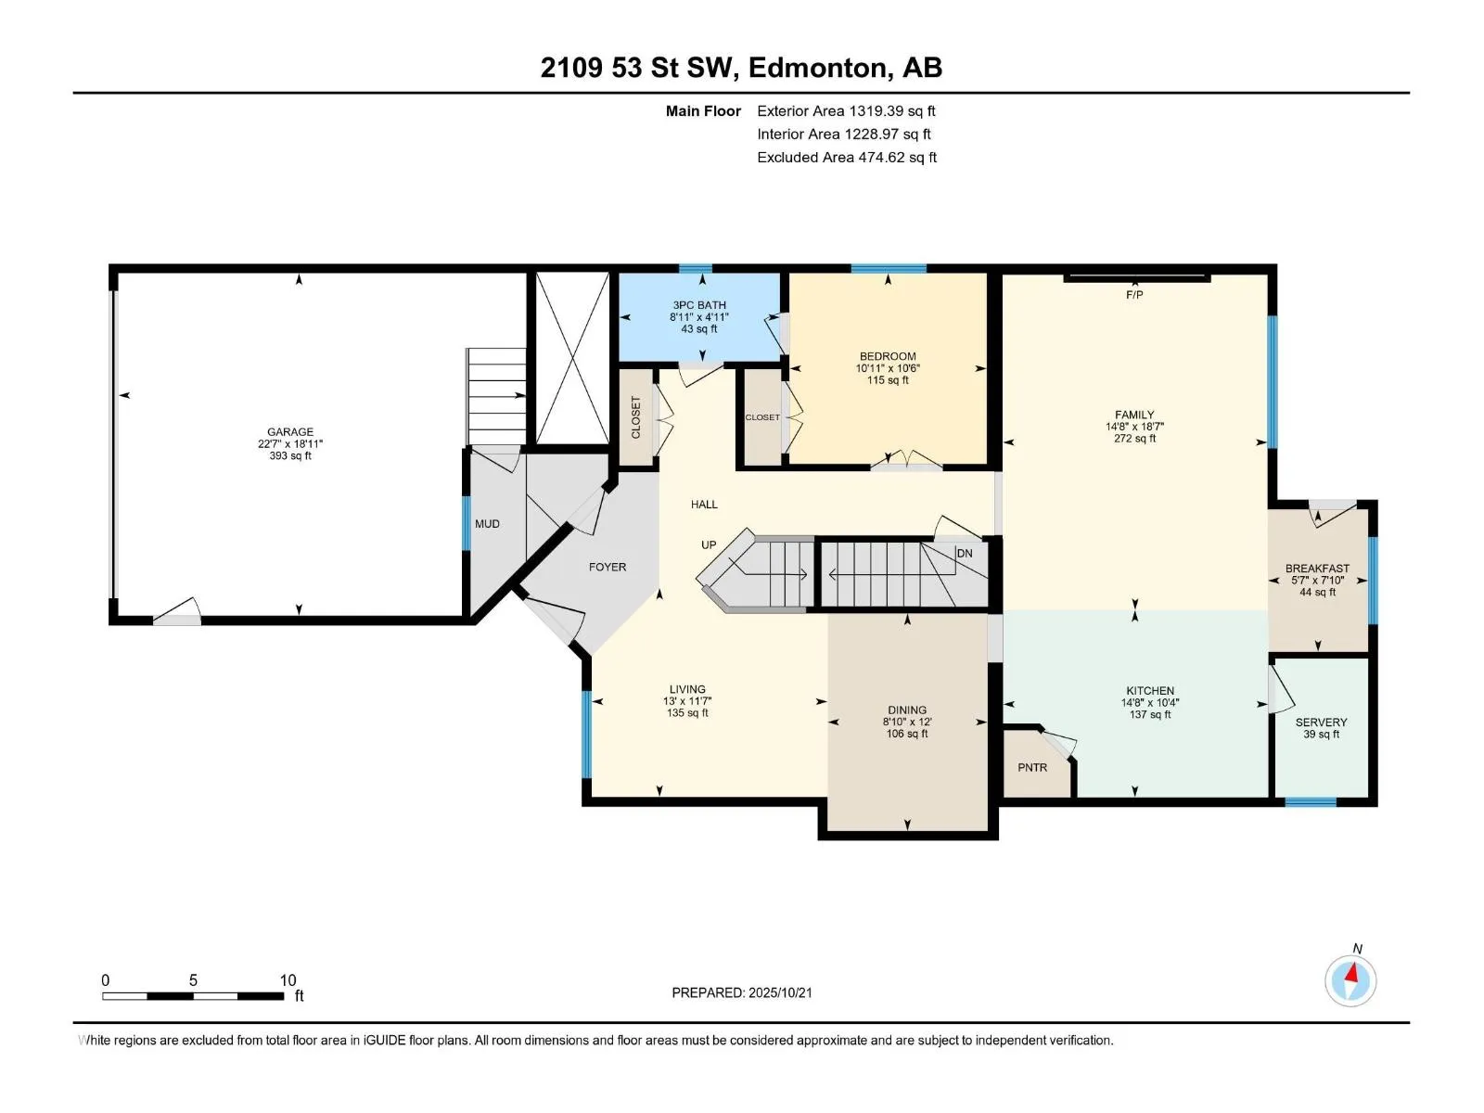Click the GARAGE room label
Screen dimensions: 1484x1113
(290, 432)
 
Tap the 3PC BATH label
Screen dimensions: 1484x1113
(699, 305)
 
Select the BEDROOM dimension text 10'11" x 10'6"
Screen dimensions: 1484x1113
(888, 368)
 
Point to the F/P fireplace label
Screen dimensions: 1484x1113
(1134, 295)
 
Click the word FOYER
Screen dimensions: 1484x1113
(608, 567)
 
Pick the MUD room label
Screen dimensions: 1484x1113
(487, 524)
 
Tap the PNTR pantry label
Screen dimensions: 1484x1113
(1032, 768)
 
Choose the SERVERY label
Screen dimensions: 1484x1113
(1321, 723)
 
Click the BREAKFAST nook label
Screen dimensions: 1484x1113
(1317, 569)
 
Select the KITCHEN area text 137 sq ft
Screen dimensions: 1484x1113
(1150, 715)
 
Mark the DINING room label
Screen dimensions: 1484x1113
(907, 710)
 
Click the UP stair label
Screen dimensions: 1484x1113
(709, 545)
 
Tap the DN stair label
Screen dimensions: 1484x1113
(965, 554)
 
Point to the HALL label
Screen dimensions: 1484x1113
(704, 505)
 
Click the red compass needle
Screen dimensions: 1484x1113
(1352, 973)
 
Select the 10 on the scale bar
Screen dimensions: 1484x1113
(288, 980)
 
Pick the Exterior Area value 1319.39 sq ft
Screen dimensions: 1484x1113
(892, 110)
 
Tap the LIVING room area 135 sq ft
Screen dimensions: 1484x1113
(687, 713)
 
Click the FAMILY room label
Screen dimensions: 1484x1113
(1134, 415)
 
